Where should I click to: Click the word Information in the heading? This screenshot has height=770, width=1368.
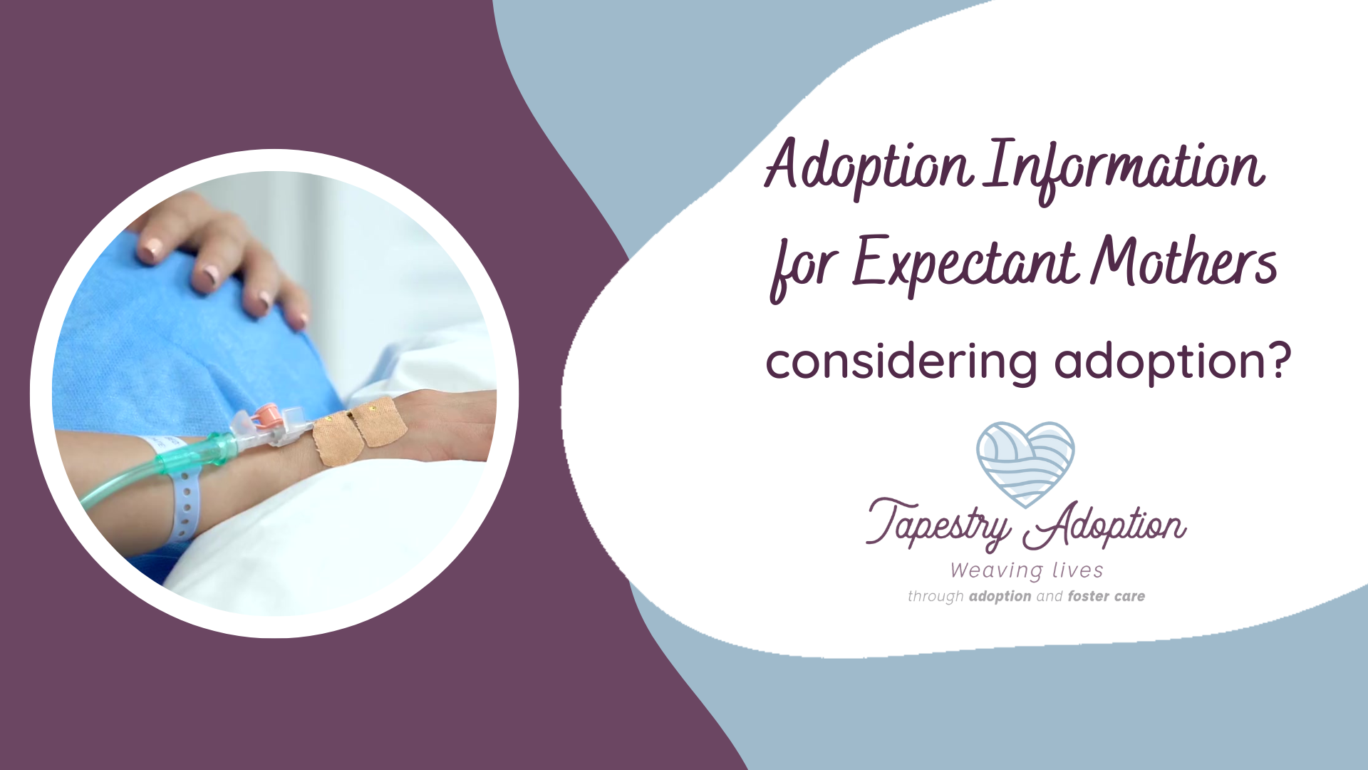coord(1124,169)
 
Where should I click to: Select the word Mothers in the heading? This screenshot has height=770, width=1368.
coord(1183,260)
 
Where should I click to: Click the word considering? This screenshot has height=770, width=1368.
coord(901,361)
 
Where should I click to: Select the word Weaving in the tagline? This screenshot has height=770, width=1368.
coord(996,570)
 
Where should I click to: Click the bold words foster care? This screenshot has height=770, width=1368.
coord(1106,596)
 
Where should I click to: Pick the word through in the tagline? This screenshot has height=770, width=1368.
coord(936,597)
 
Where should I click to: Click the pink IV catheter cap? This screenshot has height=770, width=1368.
coord(266,414)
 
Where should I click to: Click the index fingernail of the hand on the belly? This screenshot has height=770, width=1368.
coord(150,250)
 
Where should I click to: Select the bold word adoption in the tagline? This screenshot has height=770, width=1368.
coord(1000,597)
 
